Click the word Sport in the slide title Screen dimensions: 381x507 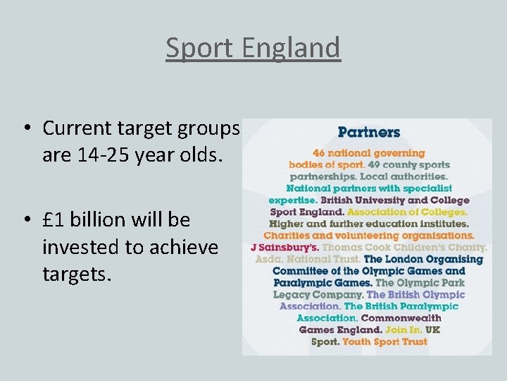tap(198, 49)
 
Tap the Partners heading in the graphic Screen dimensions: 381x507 tap(369, 132)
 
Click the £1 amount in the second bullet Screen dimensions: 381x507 tap(54, 220)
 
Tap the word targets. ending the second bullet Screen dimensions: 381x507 tap(77, 274)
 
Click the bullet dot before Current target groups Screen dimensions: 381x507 tap(25, 128)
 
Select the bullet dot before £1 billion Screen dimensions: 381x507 tap(25, 220)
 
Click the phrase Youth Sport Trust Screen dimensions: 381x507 tap(384, 341)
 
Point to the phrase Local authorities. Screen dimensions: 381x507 tap(412, 176)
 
